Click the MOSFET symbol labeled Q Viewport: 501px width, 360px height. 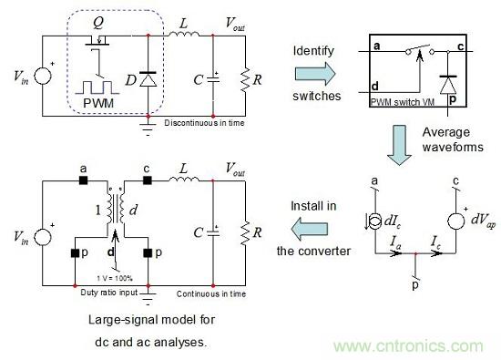tap(97, 42)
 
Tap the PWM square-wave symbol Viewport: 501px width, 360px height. tap(97, 87)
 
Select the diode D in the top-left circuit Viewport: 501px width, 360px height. tap(148, 79)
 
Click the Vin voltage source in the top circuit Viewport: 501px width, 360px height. tap(43, 76)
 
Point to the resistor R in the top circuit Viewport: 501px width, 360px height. tap(245, 79)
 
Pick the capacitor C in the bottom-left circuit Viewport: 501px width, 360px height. tap(213, 231)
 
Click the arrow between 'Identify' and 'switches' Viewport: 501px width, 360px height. tap(315, 74)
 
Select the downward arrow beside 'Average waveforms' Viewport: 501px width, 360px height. tap(399, 145)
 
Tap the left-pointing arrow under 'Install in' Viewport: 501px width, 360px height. tap(310, 229)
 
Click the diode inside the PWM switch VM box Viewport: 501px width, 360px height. tap(448, 85)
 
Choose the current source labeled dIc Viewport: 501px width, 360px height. tap(375, 221)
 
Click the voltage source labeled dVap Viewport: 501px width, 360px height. tap(456, 221)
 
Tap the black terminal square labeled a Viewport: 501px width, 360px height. tap(83, 180)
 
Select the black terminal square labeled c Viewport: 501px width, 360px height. tap(148, 180)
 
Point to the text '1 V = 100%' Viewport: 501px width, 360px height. tap(115, 278)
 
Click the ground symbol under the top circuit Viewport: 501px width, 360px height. tap(148, 128)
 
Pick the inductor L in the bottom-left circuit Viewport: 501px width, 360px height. tap(184, 179)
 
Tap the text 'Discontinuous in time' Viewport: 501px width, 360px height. tap(204, 123)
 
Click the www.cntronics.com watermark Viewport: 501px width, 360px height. tap(408, 346)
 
